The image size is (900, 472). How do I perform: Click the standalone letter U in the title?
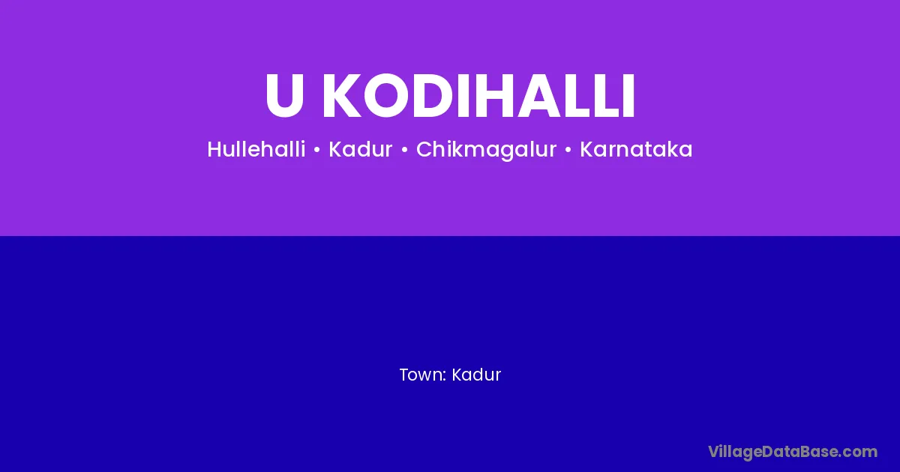coord(284,96)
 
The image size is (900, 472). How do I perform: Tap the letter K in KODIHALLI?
coord(342,96)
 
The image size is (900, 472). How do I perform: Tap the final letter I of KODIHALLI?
coord(628,96)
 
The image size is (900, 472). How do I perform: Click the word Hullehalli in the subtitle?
coord(256,149)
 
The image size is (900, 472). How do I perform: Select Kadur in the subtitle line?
coord(361,149)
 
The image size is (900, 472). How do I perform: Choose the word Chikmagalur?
coord(486,150)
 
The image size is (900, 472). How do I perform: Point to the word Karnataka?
coord(636,149)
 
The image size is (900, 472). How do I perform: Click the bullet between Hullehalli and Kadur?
coord(317,150)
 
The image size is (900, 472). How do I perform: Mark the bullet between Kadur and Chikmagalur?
coord(404,150)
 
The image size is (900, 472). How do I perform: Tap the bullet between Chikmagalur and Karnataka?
coord(568,150)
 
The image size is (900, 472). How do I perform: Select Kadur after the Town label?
coord(476,375)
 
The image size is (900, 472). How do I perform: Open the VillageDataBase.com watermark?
coord(793,453)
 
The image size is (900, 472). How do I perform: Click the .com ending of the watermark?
coord(858,453)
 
